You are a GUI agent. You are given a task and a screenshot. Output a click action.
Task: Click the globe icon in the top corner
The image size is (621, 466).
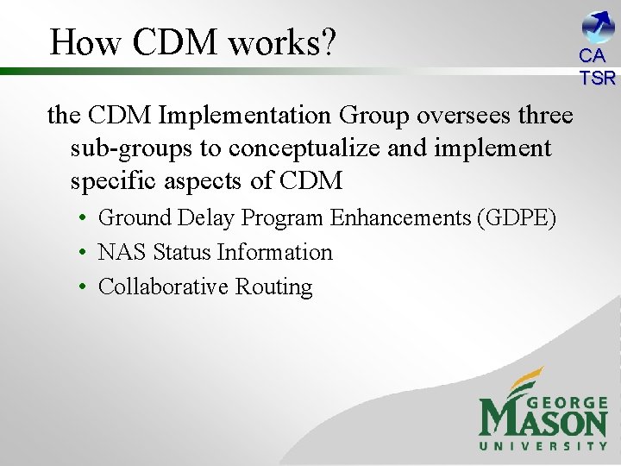tap(598, 26)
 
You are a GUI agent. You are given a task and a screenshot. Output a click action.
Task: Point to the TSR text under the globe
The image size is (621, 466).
tap(598, 79)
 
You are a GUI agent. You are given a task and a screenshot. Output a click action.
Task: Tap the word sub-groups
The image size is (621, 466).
tap(132, 148)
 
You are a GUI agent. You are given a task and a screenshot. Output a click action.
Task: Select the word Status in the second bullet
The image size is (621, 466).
tap(182, 252)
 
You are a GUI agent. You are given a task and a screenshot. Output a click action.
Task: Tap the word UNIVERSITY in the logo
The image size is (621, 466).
tap(543, 446)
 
